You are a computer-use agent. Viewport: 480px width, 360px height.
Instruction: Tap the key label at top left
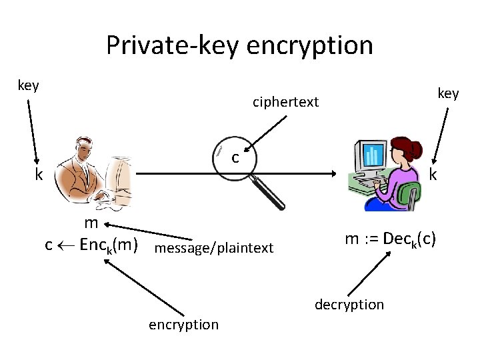tap(28, 85)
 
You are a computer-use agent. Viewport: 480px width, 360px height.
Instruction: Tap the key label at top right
tap(448, 93)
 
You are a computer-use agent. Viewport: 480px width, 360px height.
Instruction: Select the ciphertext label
tap(285, 102)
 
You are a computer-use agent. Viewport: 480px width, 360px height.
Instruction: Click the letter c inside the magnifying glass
tap(235, 158)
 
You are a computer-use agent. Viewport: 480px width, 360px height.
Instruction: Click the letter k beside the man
tap(39, 175)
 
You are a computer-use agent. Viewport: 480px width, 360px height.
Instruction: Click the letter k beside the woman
tap(433, 175)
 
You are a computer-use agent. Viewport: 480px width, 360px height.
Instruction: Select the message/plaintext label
tap(213, 248)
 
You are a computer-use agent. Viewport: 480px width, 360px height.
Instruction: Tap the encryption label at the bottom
tap(183, 324)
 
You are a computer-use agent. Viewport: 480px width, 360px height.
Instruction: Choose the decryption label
tap(349, 305)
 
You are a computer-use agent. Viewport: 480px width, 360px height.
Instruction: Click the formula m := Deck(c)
tap(391, 239)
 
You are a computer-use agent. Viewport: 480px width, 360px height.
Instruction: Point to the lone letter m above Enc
tap(91, 223)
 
